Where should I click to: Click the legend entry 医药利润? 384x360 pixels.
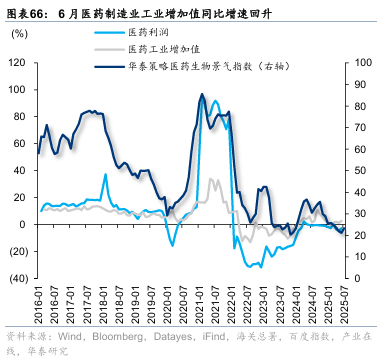tap(147, 33)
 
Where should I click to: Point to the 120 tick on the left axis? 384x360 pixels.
tap(17, 62)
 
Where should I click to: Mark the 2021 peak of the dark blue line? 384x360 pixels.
tap(202, 95)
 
